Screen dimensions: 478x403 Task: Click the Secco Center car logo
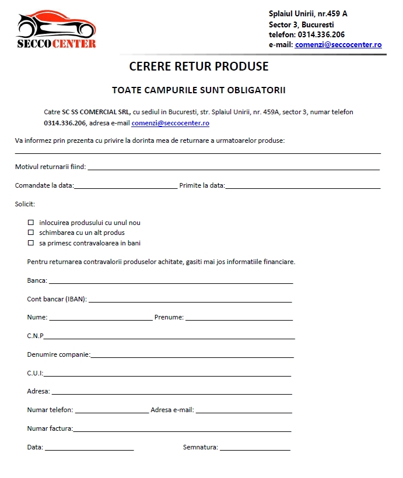click(56, 29)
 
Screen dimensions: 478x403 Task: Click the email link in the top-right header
click(338, 45)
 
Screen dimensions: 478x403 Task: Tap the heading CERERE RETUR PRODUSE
click(199, 66)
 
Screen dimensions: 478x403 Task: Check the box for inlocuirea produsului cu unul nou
click(31, 223)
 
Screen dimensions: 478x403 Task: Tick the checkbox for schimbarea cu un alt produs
click(31, 233)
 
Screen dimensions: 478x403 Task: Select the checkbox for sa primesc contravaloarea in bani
click(31, 243)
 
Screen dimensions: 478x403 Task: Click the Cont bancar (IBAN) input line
click(190, 301)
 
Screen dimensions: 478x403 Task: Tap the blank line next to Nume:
click(100, 319)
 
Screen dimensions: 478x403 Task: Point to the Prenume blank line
click(239, 319)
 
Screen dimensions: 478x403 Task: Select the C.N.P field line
click(169, 338)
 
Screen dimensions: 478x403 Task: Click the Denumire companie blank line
click(192, 356)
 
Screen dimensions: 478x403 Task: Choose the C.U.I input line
click(167, 375)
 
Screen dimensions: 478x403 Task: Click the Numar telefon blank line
click(111, 412)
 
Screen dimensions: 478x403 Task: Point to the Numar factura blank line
click(182, 430)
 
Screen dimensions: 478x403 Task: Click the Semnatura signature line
click(255, 449)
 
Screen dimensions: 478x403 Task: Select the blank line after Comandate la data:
click(125, 187)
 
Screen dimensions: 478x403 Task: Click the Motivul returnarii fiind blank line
click(233, 168)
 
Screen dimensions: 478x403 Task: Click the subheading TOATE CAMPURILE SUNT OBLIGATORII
click(199, 90)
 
